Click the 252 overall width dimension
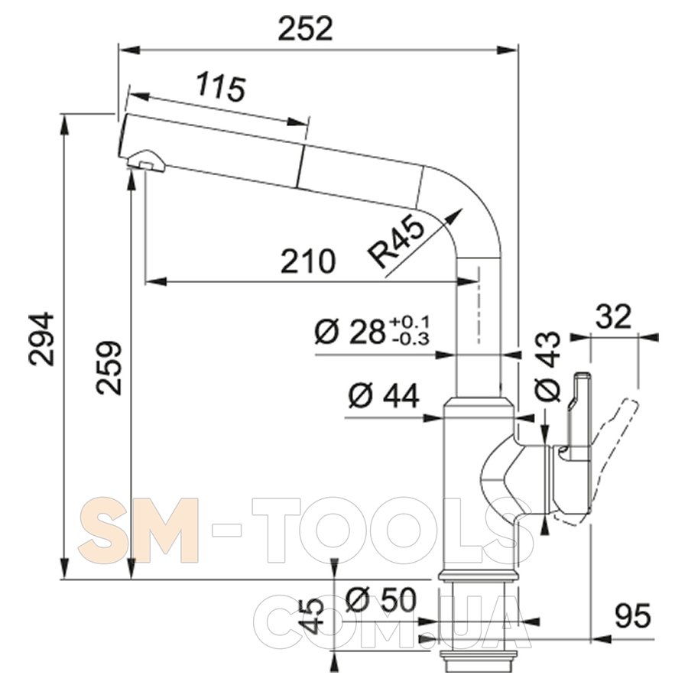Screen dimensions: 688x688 (x=306, y=29)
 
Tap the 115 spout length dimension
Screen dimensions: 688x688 (x=220, y=87)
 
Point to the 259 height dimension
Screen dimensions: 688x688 (x=109, y=367)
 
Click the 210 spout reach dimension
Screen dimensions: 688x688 (x=308, y=261)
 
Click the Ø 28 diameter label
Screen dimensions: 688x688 (x=349, y=333)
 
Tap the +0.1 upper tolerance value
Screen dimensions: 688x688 (x=410, y=323)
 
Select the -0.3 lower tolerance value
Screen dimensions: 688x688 (x=410, y=339)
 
